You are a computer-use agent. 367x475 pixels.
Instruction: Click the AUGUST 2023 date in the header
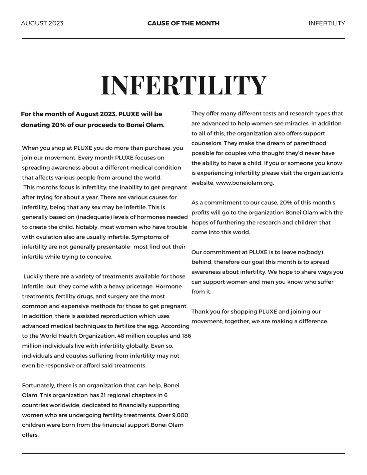point(42,23)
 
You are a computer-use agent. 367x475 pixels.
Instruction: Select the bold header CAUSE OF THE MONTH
point(183,23)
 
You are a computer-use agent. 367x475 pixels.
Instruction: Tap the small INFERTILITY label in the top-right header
point(327,23)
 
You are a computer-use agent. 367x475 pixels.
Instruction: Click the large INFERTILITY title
point(184,85)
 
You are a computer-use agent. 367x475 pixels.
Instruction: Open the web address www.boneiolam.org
point(245,183)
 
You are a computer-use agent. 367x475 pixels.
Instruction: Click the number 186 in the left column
point(187,336)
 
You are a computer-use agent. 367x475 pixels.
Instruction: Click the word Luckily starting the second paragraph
point(33,277)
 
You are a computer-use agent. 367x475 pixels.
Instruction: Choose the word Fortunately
point(38,386)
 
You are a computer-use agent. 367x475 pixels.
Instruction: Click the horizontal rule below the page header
point(183,39)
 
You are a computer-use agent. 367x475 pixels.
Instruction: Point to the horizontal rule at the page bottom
point(183,453)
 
